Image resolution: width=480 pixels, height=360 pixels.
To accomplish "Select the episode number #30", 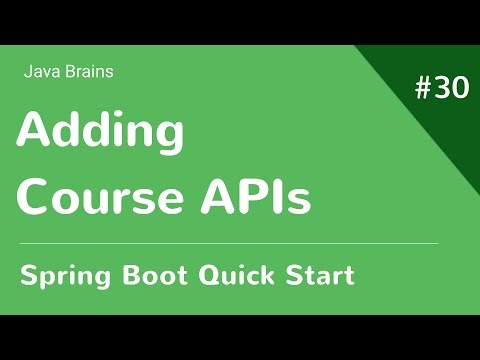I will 441,89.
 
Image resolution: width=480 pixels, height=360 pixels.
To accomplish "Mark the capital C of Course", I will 37,196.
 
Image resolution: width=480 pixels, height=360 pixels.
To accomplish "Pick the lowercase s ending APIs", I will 298,200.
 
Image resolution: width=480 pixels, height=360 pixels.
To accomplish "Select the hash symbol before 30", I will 423,89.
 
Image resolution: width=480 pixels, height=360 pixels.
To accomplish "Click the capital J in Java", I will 25,71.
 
